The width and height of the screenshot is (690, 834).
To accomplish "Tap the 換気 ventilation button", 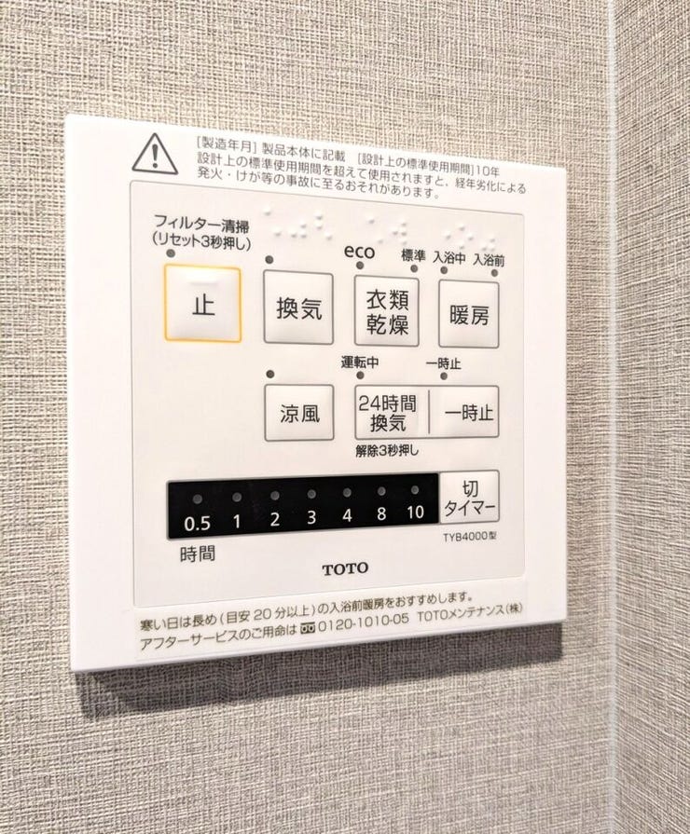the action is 298,308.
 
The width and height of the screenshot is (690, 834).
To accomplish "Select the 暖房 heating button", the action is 468,315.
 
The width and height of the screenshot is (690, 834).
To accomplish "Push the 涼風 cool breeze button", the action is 299,413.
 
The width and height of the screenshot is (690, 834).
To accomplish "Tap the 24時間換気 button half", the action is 392,412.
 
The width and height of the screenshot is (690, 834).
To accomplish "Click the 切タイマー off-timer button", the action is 469,497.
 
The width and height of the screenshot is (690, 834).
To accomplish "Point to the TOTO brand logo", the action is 345,568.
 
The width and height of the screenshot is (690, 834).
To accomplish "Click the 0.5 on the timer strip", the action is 197,524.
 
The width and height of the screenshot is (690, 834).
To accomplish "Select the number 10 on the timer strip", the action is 415,512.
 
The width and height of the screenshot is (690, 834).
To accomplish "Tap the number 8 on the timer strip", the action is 381,513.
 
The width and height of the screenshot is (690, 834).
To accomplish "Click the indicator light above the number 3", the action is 311,495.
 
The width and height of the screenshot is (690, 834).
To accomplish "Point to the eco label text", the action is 359,251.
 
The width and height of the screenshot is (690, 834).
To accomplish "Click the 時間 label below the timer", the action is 198,554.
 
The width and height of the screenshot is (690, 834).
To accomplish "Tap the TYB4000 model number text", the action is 470,537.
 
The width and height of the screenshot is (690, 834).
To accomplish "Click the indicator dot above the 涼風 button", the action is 269,375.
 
